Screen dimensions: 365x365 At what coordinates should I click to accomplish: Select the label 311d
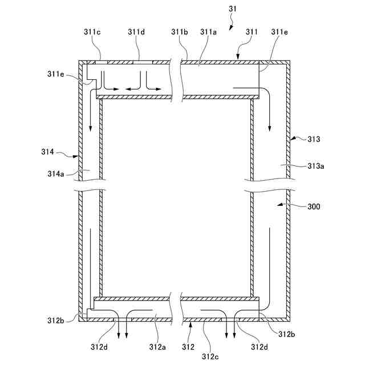[136, 32]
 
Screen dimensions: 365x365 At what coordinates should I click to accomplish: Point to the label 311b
[179, 32]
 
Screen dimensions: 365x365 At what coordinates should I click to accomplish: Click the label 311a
[209, 32]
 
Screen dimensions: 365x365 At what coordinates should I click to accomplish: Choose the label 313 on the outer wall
[313, 139]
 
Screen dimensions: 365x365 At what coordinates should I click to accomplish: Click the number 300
[313, 207]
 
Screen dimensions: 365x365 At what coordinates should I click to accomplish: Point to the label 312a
[157, 346]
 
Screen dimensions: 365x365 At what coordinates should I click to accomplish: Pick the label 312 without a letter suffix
[188, 346]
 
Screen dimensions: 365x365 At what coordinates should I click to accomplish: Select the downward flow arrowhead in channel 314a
[90, 128]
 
